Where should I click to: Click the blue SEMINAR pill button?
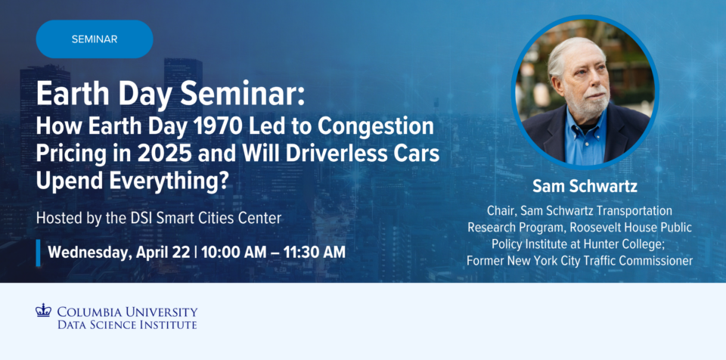tap(95, 39)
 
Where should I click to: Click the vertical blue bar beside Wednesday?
tap(39, 253)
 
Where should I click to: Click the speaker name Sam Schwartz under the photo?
tap(585, 186)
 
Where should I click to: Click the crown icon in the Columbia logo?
tap(43, 310)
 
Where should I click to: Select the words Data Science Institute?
tap(127, 324)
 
